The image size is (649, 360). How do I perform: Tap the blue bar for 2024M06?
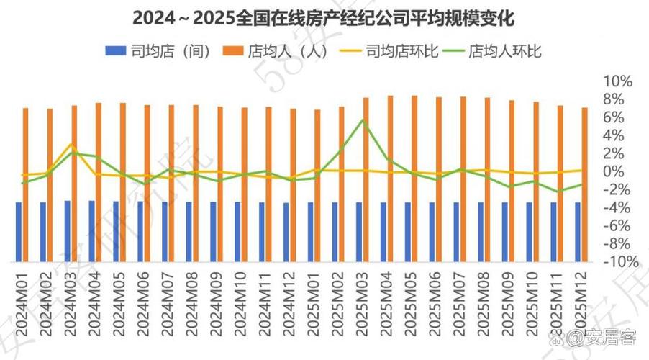click(x=140, y=231)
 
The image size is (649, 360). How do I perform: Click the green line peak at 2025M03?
click(x=363, y=120)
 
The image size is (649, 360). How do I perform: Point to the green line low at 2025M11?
click(x=558, y=192)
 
